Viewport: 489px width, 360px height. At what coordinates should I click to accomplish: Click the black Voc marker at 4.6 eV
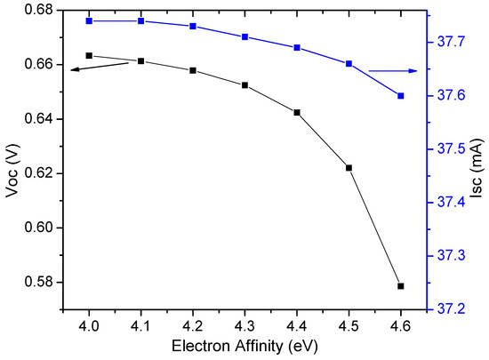tap(401, 286)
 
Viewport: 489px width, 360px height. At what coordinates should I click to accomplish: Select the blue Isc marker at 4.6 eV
tap(401, 96)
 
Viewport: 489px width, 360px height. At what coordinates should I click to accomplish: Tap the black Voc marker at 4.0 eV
tap(89, 55)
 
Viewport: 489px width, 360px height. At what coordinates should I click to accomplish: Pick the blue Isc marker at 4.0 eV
tap(89, 20)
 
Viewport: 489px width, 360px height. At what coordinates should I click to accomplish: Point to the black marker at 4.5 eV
tap(349, 168)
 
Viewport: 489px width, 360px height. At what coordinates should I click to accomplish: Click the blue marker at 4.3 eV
tap(244, 36)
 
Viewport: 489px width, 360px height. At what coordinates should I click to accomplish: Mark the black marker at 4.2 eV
tap(193, 70)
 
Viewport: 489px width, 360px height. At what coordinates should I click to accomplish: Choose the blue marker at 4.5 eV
tap(349, 64)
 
